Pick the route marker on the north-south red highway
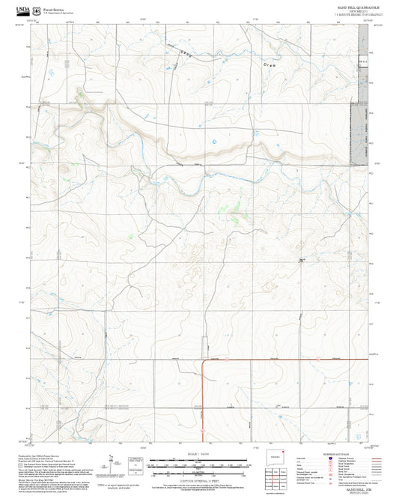point(202,431)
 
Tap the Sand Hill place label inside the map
point(302,260)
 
